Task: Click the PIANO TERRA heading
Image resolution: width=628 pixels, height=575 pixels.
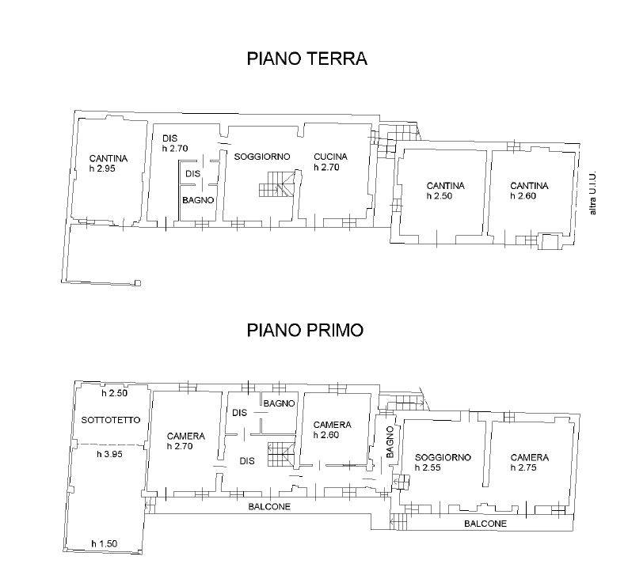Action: pos(306,59)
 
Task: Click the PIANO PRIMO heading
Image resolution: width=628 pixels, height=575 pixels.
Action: pos(305,331)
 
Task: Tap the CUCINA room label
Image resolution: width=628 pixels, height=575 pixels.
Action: pos(330,157)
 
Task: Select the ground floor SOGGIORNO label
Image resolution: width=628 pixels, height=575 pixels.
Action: pos(262,157)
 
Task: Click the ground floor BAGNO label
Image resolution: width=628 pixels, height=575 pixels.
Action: pos(198,200)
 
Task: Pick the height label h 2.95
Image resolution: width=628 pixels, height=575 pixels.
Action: pos(102,168)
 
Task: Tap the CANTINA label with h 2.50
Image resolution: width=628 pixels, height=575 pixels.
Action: pos(445,186)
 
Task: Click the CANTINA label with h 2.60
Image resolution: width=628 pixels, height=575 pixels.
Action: pos(529,186)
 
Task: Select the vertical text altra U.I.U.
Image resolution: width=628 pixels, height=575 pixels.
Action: pos(593,193)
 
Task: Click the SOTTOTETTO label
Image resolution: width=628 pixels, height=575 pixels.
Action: pos(111,420)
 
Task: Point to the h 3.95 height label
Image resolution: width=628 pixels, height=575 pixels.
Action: pos(109,454)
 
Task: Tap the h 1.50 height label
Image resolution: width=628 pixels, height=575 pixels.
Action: pos(104,544)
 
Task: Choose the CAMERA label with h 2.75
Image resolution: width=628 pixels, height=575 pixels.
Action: pos(530,458)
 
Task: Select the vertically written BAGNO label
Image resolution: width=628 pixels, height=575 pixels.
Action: pos(390,442)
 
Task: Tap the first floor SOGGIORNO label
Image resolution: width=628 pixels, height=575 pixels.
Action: pos(443,458)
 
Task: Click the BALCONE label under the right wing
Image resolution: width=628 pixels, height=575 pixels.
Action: pos(485,524)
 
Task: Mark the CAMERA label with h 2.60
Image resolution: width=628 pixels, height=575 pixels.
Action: pos(333,425)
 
